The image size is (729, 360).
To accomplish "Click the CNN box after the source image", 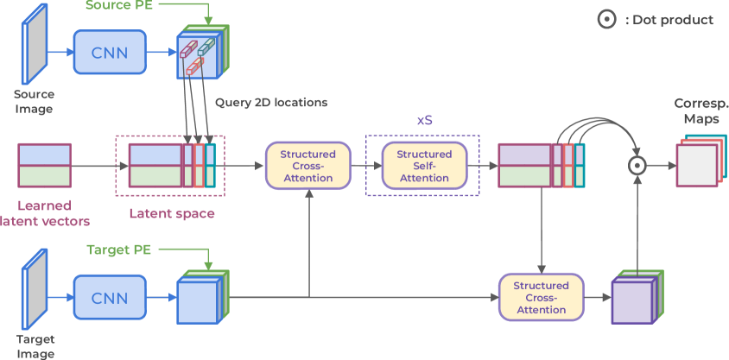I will click(x=110, y=53).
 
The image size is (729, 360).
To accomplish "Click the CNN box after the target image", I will click(x=110, y=298).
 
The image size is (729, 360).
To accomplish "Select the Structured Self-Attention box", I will click(x=424, y=166).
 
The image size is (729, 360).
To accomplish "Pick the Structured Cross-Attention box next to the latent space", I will click(x=308, y=166).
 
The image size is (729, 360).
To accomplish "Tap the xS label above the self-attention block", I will click(x=424, y=121).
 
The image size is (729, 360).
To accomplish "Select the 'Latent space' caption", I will click(x=172, y=213).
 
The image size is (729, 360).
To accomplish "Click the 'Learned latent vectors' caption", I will click(x=54, y=213).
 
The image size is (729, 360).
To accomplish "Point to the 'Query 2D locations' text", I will click(x=271, y=103).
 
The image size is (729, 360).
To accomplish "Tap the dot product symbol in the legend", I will click(x=609, y=19).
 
